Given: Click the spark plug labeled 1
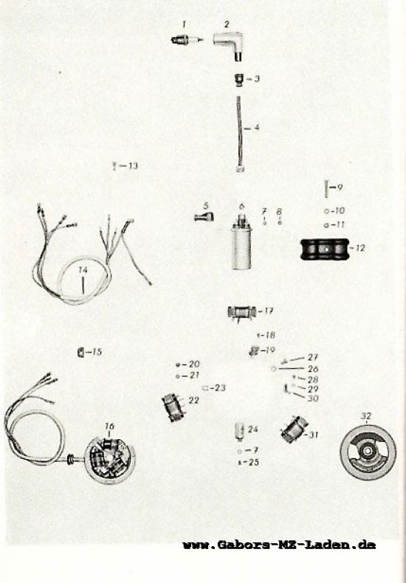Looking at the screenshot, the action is coord(187,40).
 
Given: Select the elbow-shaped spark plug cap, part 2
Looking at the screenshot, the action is coord(230,44).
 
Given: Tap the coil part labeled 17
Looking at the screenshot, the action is coord(242,311).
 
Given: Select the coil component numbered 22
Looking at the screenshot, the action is coord(173,407).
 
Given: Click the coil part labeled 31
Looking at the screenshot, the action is coord(294,430).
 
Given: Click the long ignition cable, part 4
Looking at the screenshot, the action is coord(239,134).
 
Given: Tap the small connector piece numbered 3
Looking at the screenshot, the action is coord(240,80).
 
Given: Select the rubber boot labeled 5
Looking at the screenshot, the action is coord(204,216).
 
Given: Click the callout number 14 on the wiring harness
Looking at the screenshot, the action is coord(83,270).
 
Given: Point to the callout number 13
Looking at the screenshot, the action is coord(133,166).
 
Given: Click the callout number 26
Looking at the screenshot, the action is coord(313,369).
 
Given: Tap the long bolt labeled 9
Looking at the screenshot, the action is coord(326,189).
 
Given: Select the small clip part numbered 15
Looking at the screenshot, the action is coord(80,352).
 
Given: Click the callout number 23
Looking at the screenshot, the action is coord(220,387).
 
